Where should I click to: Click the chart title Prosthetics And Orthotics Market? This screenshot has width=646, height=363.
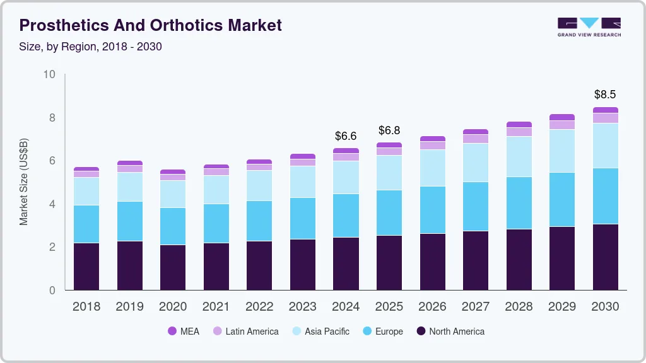[x=150, y=25]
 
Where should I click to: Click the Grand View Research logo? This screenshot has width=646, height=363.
[x=589, y=26]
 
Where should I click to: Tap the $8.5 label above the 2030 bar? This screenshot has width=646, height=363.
[x=606, y=95]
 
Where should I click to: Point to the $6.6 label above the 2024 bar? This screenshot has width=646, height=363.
[x=346, y=135]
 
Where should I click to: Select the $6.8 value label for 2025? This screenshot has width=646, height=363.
[x=389, y=130]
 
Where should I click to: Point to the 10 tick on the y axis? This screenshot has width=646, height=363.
[x=49, y=74]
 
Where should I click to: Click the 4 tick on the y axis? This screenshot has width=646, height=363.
[x=52, y=204]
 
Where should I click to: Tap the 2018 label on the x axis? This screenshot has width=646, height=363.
[x=86, y=307]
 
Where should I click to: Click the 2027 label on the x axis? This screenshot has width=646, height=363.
[x=475, y=307]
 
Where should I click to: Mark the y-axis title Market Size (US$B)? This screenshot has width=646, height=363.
[x=24, y=182]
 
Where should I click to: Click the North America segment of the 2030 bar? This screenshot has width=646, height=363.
[x=606, y=257]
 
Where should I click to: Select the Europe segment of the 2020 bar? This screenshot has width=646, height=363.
[x=172, y=226]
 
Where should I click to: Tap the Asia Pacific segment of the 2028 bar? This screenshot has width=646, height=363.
[x=519, y=156]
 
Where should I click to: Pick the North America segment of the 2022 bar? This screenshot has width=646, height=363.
[x=259, y=265]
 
